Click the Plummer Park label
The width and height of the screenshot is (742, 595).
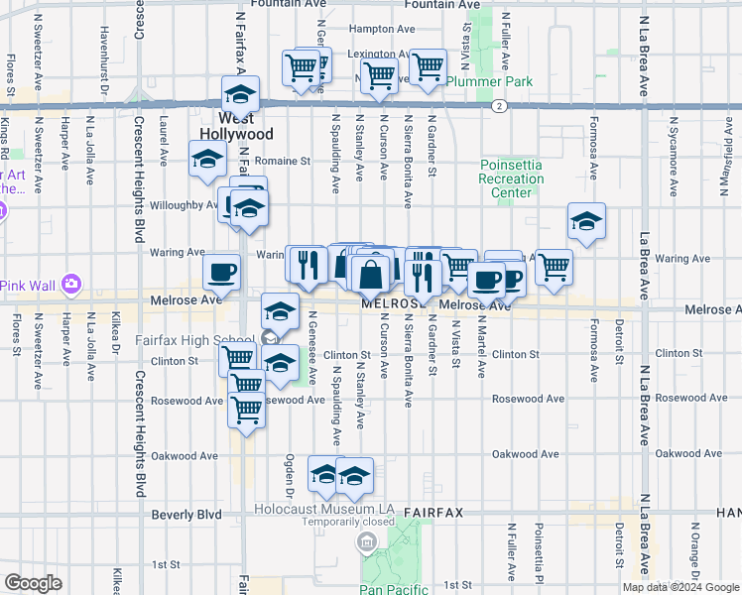pos(489,81)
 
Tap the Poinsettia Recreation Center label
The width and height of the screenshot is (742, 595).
pos(512,178)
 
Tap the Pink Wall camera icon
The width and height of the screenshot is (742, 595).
pos(70,286)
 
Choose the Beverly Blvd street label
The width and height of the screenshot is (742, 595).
pos(186,515)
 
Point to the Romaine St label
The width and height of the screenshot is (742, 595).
pos(283,160)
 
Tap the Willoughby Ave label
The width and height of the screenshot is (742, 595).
pos(184,205)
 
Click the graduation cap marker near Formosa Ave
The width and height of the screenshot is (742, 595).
pos(586,221)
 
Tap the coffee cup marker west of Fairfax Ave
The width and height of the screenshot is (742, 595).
pos(221,271)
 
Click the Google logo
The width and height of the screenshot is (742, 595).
pos(33,583)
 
